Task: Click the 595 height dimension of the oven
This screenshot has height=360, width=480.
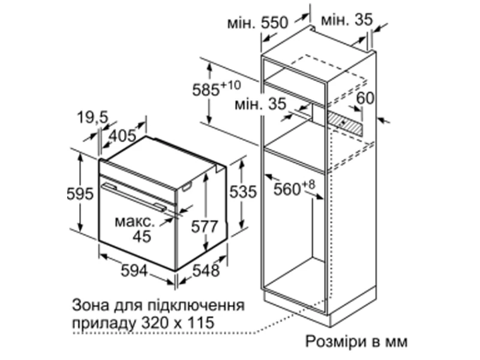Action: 80,194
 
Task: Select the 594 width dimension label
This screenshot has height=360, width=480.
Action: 134,271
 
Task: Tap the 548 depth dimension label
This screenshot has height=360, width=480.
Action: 206,271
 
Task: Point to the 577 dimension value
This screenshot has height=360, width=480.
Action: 205,227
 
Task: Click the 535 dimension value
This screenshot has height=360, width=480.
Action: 243,192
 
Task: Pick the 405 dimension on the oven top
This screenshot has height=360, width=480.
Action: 122,136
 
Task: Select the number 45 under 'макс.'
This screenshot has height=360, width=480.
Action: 142,236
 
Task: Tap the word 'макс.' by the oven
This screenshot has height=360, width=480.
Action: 134,221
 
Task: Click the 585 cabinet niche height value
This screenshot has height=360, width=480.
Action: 206,90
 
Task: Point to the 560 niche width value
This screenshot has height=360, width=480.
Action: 287,189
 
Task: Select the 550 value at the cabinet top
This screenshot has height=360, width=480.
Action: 275,23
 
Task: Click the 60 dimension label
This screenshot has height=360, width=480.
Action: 365,98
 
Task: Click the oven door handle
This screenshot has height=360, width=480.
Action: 134,197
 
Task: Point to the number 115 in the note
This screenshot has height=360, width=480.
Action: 201,322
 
